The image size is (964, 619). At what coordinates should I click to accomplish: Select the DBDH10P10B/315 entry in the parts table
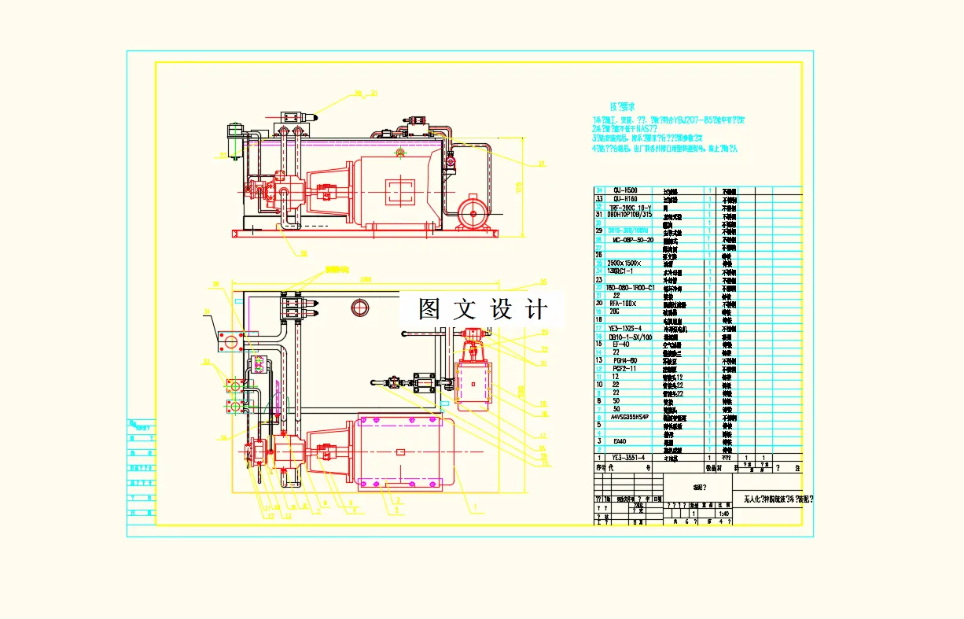click(630, 214)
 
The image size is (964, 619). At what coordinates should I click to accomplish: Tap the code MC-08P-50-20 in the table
click(633, 239)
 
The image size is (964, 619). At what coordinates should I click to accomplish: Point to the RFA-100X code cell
click(623, 303)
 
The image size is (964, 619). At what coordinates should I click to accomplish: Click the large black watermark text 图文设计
click(482, 308)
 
